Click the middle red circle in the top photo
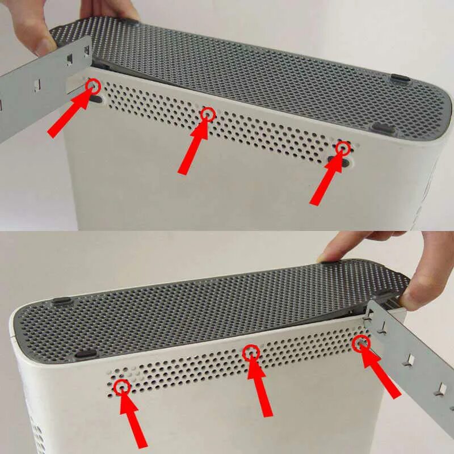tap(208, 114)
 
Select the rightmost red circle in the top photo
tap(343, 149)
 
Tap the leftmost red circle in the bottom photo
tap(122, 387)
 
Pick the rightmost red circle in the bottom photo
tap(360, 343)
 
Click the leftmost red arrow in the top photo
tap(71, 115)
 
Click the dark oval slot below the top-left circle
tap(96, 99)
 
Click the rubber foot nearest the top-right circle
tap(384, 128)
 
